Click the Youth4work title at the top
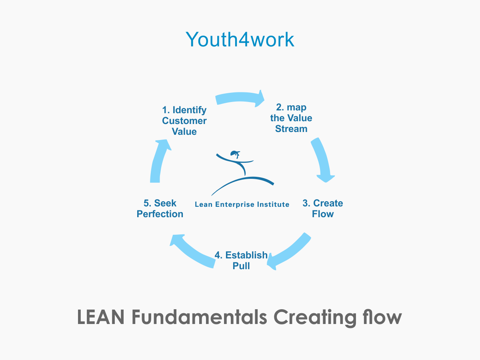(x=240, y=39)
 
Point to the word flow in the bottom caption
(x=382, y=318)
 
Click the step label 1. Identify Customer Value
(x=184, y=120)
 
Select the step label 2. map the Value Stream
(x=291, y=118)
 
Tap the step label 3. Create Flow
(x=323, y=208)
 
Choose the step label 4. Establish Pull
(x=241, y=260)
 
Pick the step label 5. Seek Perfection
(x=160, y=208)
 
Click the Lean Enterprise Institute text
(x=242, y=204)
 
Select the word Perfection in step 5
(x=160, y=214)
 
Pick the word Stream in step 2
(x=291, y=129)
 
